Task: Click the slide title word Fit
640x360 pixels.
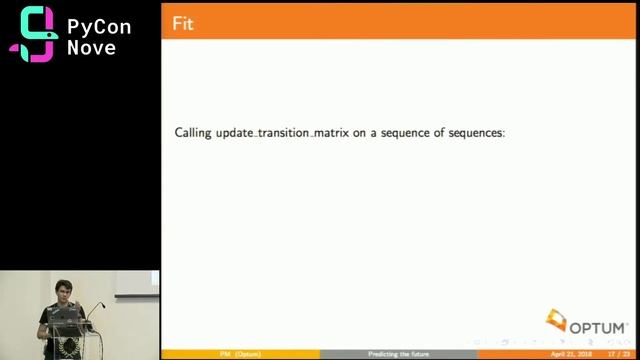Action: click(183, 23)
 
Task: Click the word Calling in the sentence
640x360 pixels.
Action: click(192, 132)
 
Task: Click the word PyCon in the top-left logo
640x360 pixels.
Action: click(98, 26)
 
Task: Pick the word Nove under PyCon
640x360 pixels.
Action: click(91, 47)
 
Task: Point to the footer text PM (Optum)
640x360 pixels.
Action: click(240, 354)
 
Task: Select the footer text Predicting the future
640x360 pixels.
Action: click(397, 354)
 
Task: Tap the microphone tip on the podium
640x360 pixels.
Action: click(102, 305)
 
